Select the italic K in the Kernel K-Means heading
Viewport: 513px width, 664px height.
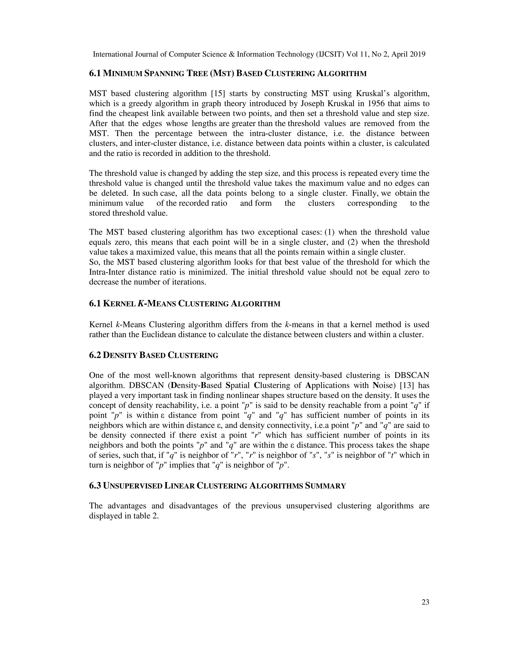(141, 303)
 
